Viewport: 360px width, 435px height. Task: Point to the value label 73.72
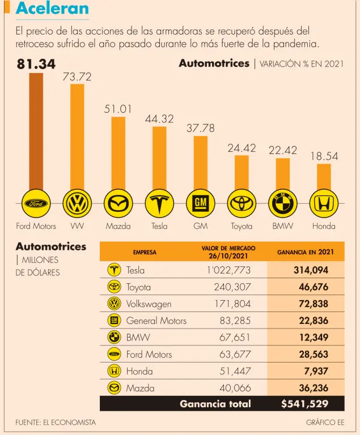(x=77, y=76)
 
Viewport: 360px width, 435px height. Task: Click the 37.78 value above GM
(x=201, y=129)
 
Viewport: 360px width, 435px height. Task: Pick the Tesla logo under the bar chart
(x=159, y=203)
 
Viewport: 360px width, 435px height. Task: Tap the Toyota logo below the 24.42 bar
(x=242, y=203)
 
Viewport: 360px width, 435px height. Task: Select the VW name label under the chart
(x=77, y=226)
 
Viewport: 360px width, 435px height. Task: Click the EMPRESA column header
(x=145, y=252)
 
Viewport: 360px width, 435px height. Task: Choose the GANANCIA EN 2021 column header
(x=306, y=252)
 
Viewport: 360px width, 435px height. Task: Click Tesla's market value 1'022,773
(x=228, y=270)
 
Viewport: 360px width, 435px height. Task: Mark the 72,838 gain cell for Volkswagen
(x=314, y=304)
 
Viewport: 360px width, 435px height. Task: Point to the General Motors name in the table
(x=156, y=321)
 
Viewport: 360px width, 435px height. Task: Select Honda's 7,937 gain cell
(x=316, y=371)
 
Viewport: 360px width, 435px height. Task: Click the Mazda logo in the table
(x=114, y=388)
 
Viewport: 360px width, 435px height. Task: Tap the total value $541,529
(x=304, y=404)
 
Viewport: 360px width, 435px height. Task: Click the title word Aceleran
(x=52, y=8)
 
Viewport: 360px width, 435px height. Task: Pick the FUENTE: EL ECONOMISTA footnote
(x=56, y=423)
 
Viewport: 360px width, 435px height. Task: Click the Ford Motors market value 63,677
(x=235, y=355)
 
